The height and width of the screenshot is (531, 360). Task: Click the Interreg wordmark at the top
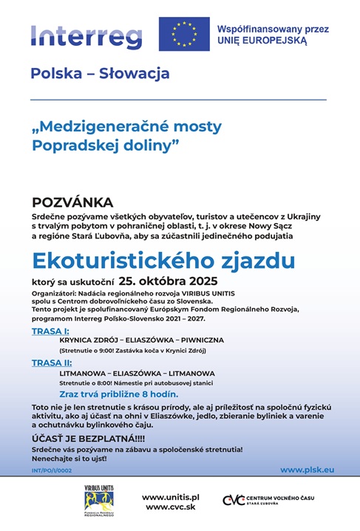click(x=86, y=34)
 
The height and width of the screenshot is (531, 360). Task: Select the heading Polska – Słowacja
click(x=100, y=74)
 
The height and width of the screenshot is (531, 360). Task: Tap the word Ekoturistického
click(x=113, y=261)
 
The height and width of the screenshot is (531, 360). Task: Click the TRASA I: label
click(x=50, y=331)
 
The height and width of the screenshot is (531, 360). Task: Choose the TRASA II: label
click(x=52, y=363)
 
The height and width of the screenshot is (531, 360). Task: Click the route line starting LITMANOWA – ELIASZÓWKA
click(x=137, y=373)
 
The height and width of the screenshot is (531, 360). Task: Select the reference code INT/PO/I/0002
click(x=52, y=470)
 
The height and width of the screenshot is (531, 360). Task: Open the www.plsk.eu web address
click(x=307, y=470)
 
